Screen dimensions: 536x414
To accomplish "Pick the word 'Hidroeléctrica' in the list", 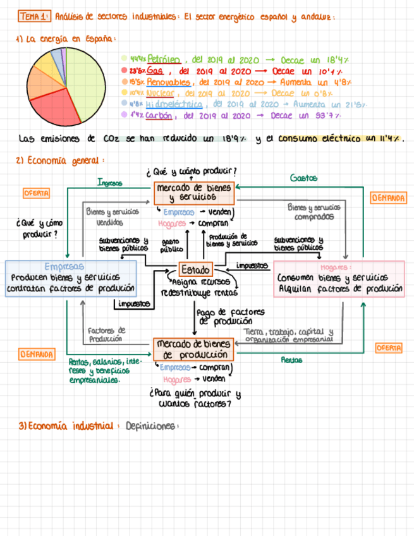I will pos(174,104).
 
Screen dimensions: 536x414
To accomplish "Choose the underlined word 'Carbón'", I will pos(160,116).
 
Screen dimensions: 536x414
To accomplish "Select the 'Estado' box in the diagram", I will pos(195,269).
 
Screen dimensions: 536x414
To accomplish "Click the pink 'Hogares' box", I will pos(340,279).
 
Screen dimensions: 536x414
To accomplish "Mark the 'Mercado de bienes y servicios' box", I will pos(193,192).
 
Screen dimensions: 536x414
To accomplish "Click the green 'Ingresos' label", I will pos(109,182).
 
